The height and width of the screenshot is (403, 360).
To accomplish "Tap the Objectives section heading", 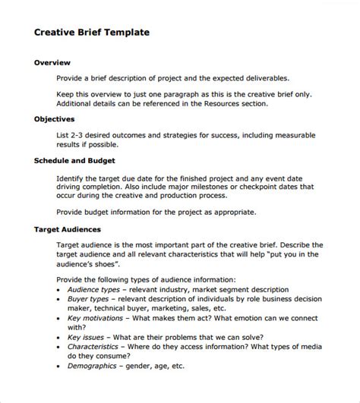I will pos(54,119).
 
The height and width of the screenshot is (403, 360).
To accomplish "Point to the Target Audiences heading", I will pos(68,228).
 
